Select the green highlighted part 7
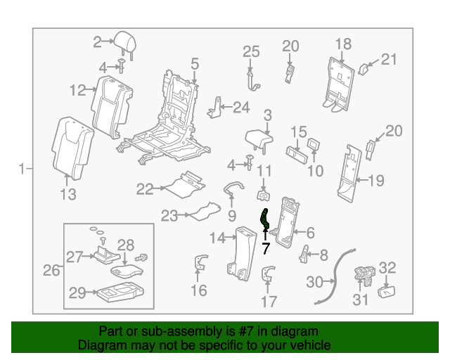[265, 220]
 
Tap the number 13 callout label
[67, 194]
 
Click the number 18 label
[342, 44]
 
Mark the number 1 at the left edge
[22, 169]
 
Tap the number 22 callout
[145, 188]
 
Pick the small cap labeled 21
[365, 67]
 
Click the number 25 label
[251, 51]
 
